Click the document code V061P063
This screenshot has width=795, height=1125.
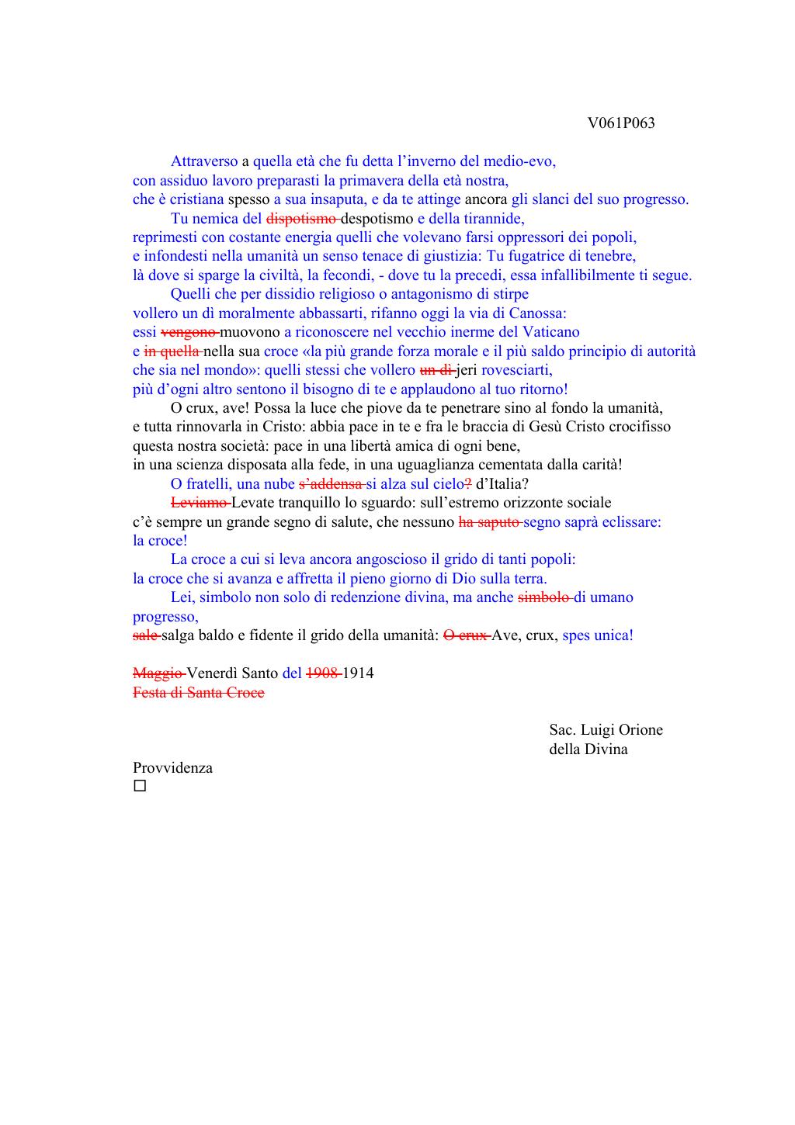[621, 123]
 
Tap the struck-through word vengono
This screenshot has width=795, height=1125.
[189, 332]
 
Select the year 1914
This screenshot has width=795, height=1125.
[358, 673]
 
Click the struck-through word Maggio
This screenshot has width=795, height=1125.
[158, 673]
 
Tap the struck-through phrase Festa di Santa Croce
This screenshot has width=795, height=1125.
[199, 693]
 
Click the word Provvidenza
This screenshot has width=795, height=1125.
[172, 768]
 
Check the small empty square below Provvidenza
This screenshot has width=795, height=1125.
[140, 787]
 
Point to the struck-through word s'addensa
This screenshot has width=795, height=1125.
[330, 484]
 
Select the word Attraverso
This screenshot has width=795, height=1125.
[204, 162]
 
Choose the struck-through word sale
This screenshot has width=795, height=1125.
[145, 635]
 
